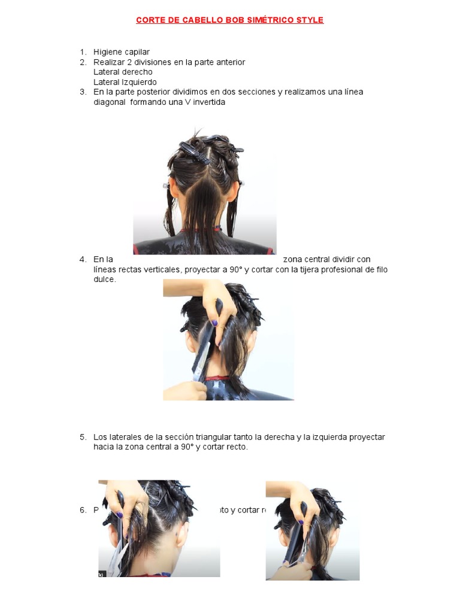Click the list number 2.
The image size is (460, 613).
pos(83,62)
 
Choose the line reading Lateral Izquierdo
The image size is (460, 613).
pos(125,82)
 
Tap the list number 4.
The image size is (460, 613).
pos(83,259)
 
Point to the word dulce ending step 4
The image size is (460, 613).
pos(104,279)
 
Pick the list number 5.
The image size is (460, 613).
pos(83,437)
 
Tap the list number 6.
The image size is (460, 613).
pos(83,510)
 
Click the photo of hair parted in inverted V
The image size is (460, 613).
pos(204,190)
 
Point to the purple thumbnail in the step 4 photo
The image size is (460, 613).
pos(214,323)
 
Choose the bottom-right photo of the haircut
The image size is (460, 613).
pos(312,530)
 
